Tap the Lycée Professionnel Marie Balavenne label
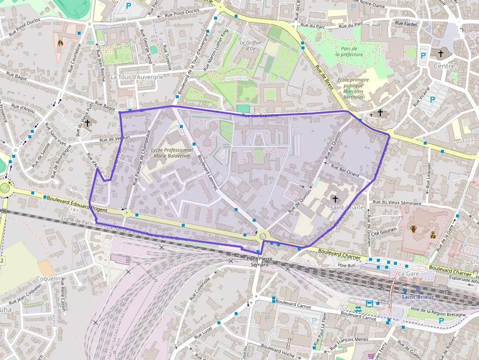(x=172, y=152)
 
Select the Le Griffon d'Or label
(x=250, y=45)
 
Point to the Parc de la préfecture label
(x=349, y=51)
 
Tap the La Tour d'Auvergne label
(x=136, y=77)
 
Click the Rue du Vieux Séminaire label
(x=396, y=202)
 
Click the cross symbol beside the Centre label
(x=440, y=54)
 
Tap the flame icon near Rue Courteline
(x=61, y=43)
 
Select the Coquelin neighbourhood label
(x=48, y=278)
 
